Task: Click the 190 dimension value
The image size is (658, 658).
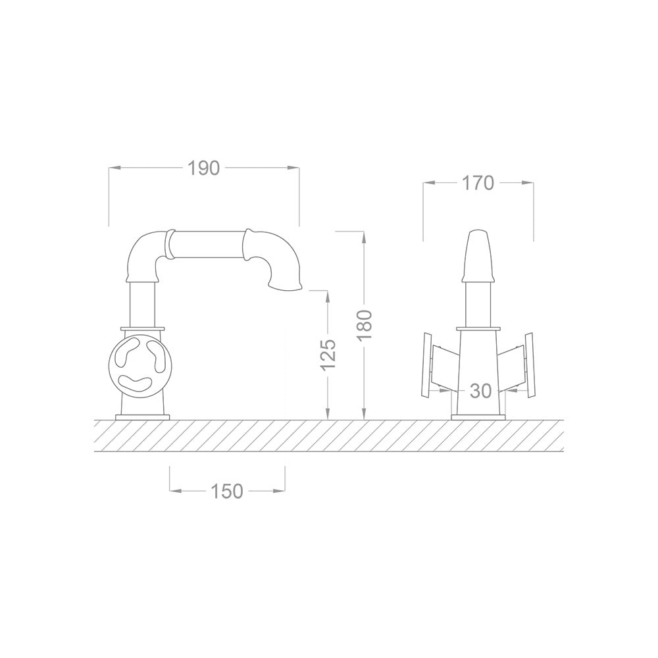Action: point(203,168)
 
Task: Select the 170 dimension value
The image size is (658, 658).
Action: point(478,183)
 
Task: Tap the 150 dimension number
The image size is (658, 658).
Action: point(227,491)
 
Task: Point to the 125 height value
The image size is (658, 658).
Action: point(328,353)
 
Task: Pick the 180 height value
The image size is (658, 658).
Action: point(365,324)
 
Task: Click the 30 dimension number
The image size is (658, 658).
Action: point(481,391)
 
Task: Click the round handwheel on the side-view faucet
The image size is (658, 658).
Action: point(139,361)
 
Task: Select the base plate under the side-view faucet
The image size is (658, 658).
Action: point(143,417)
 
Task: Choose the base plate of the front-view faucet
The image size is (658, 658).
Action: point(478,417)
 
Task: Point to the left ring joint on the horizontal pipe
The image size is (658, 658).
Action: point(170,244)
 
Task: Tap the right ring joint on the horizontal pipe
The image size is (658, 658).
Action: point(248,244)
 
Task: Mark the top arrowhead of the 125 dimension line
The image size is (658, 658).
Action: point(328,293)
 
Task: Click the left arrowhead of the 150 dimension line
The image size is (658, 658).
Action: point(173,491)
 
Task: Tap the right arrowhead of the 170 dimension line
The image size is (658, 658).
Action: point(530,183)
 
